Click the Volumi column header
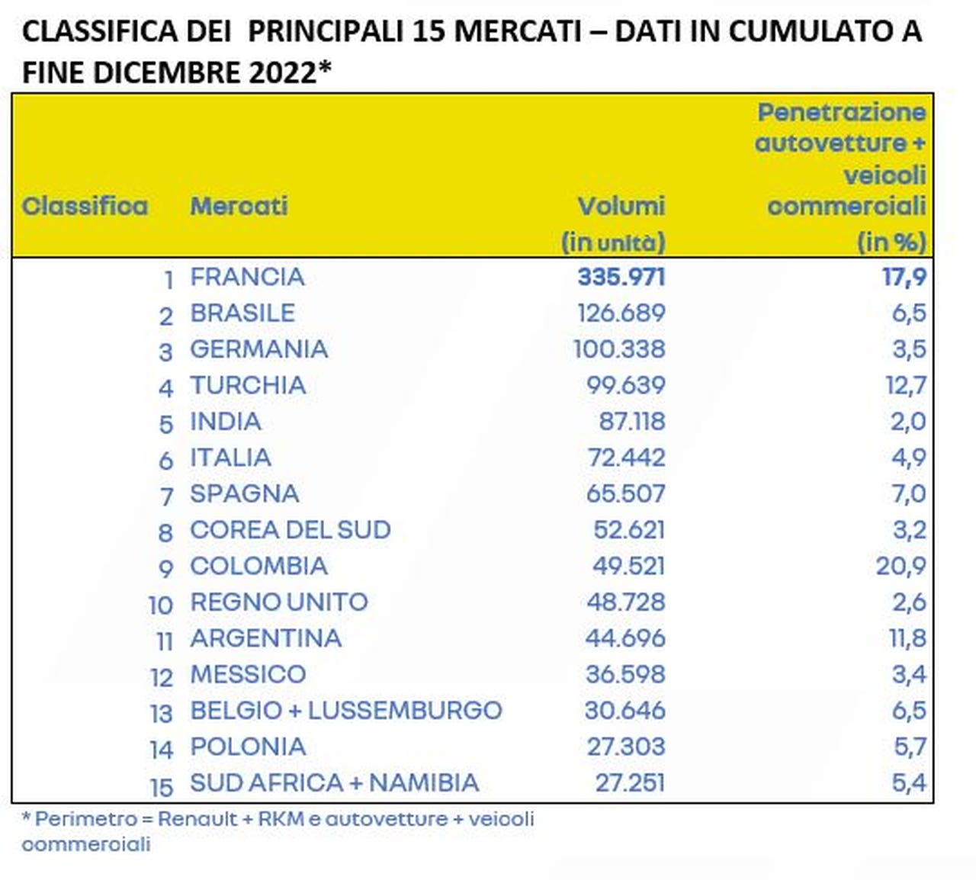click(x=621, y=206)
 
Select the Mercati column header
click(x=239, y=206)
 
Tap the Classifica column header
click(x=85, y=206)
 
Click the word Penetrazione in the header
click(x=842, y=112)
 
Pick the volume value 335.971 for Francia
click(x=621, y=277)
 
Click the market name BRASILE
click(x=242, y=313)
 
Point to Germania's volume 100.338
click(x=619, y=349)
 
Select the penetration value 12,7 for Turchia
click(x=906, y=386)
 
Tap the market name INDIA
click(x=226, y=422)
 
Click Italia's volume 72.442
click(x=627, y=458)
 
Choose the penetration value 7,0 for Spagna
click(x=909, y=494)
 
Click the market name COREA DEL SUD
click(x=291, y=529)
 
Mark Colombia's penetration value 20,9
click(x=901, y=566)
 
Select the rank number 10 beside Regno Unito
click(x=161, y=605)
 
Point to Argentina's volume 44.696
click(x=625, y=638)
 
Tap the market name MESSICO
click(x=248, y=674)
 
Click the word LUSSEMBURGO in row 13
click(x=405, y=710)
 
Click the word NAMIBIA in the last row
click(x=424, y=782)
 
